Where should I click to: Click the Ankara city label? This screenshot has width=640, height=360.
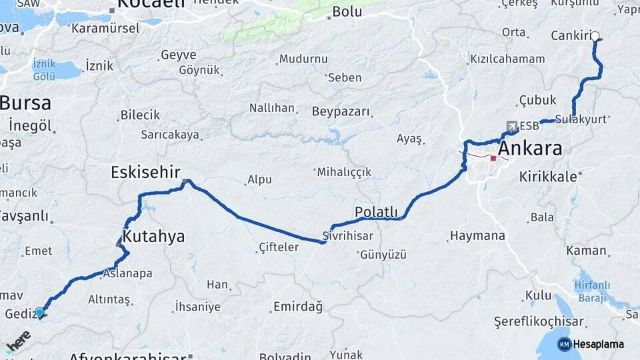530,148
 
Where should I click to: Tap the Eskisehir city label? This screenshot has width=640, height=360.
146,173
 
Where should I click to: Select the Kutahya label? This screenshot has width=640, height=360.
153,237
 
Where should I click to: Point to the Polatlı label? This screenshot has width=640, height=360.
376,212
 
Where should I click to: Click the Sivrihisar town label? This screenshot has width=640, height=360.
347,235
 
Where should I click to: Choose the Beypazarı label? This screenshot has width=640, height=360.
340,111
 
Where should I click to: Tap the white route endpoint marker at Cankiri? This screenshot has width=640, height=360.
595,37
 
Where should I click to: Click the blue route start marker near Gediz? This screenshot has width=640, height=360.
39,312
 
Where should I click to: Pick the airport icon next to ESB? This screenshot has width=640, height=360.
511,125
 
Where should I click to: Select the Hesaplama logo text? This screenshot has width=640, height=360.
598,344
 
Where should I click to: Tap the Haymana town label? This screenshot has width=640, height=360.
477,235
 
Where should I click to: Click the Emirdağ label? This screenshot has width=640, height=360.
297,307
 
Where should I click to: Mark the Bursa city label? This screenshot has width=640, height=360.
25,103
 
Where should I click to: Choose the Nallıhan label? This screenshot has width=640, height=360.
271,107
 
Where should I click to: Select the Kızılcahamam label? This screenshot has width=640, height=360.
507,59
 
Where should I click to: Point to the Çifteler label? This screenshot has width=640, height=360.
279,247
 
